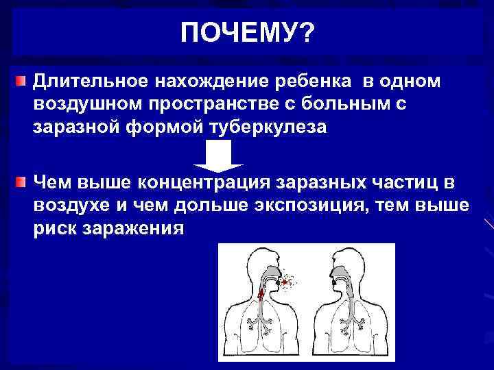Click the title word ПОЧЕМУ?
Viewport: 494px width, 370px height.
tap(246, 32)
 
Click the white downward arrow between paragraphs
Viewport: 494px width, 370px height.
tap(218, 160)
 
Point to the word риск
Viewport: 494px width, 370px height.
tap(55, 228)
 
